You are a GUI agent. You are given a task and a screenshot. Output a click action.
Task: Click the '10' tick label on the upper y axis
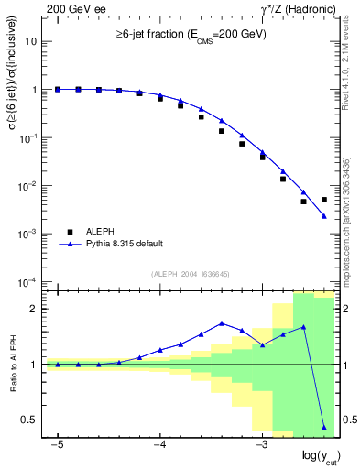(31, 42)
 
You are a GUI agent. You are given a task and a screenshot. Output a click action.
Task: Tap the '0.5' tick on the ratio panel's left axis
(29, 420)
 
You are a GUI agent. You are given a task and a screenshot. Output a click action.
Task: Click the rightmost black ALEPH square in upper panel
(324, 200)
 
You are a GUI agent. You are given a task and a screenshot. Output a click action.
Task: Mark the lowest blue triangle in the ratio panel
(324, 427)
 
